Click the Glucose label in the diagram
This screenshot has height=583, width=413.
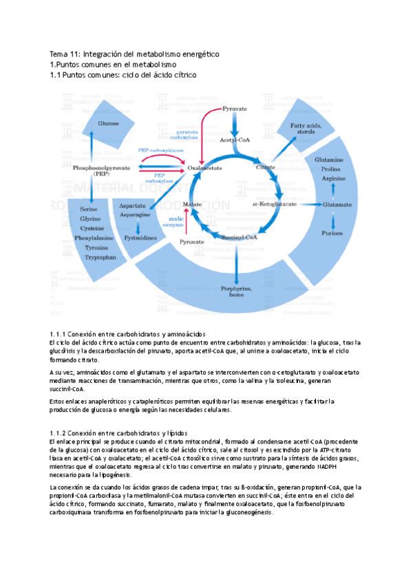pos(108,123)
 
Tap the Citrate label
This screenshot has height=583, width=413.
pos(266,167)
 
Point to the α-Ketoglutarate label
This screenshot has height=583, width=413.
pos(275,203)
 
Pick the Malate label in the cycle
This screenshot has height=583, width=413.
pos(191,204)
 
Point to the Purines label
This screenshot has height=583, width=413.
pos(333,233)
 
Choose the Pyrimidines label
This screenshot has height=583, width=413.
pos(140,236)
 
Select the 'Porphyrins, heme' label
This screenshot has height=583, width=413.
pos(236,291)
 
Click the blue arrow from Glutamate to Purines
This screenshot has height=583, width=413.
pos(333,219)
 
